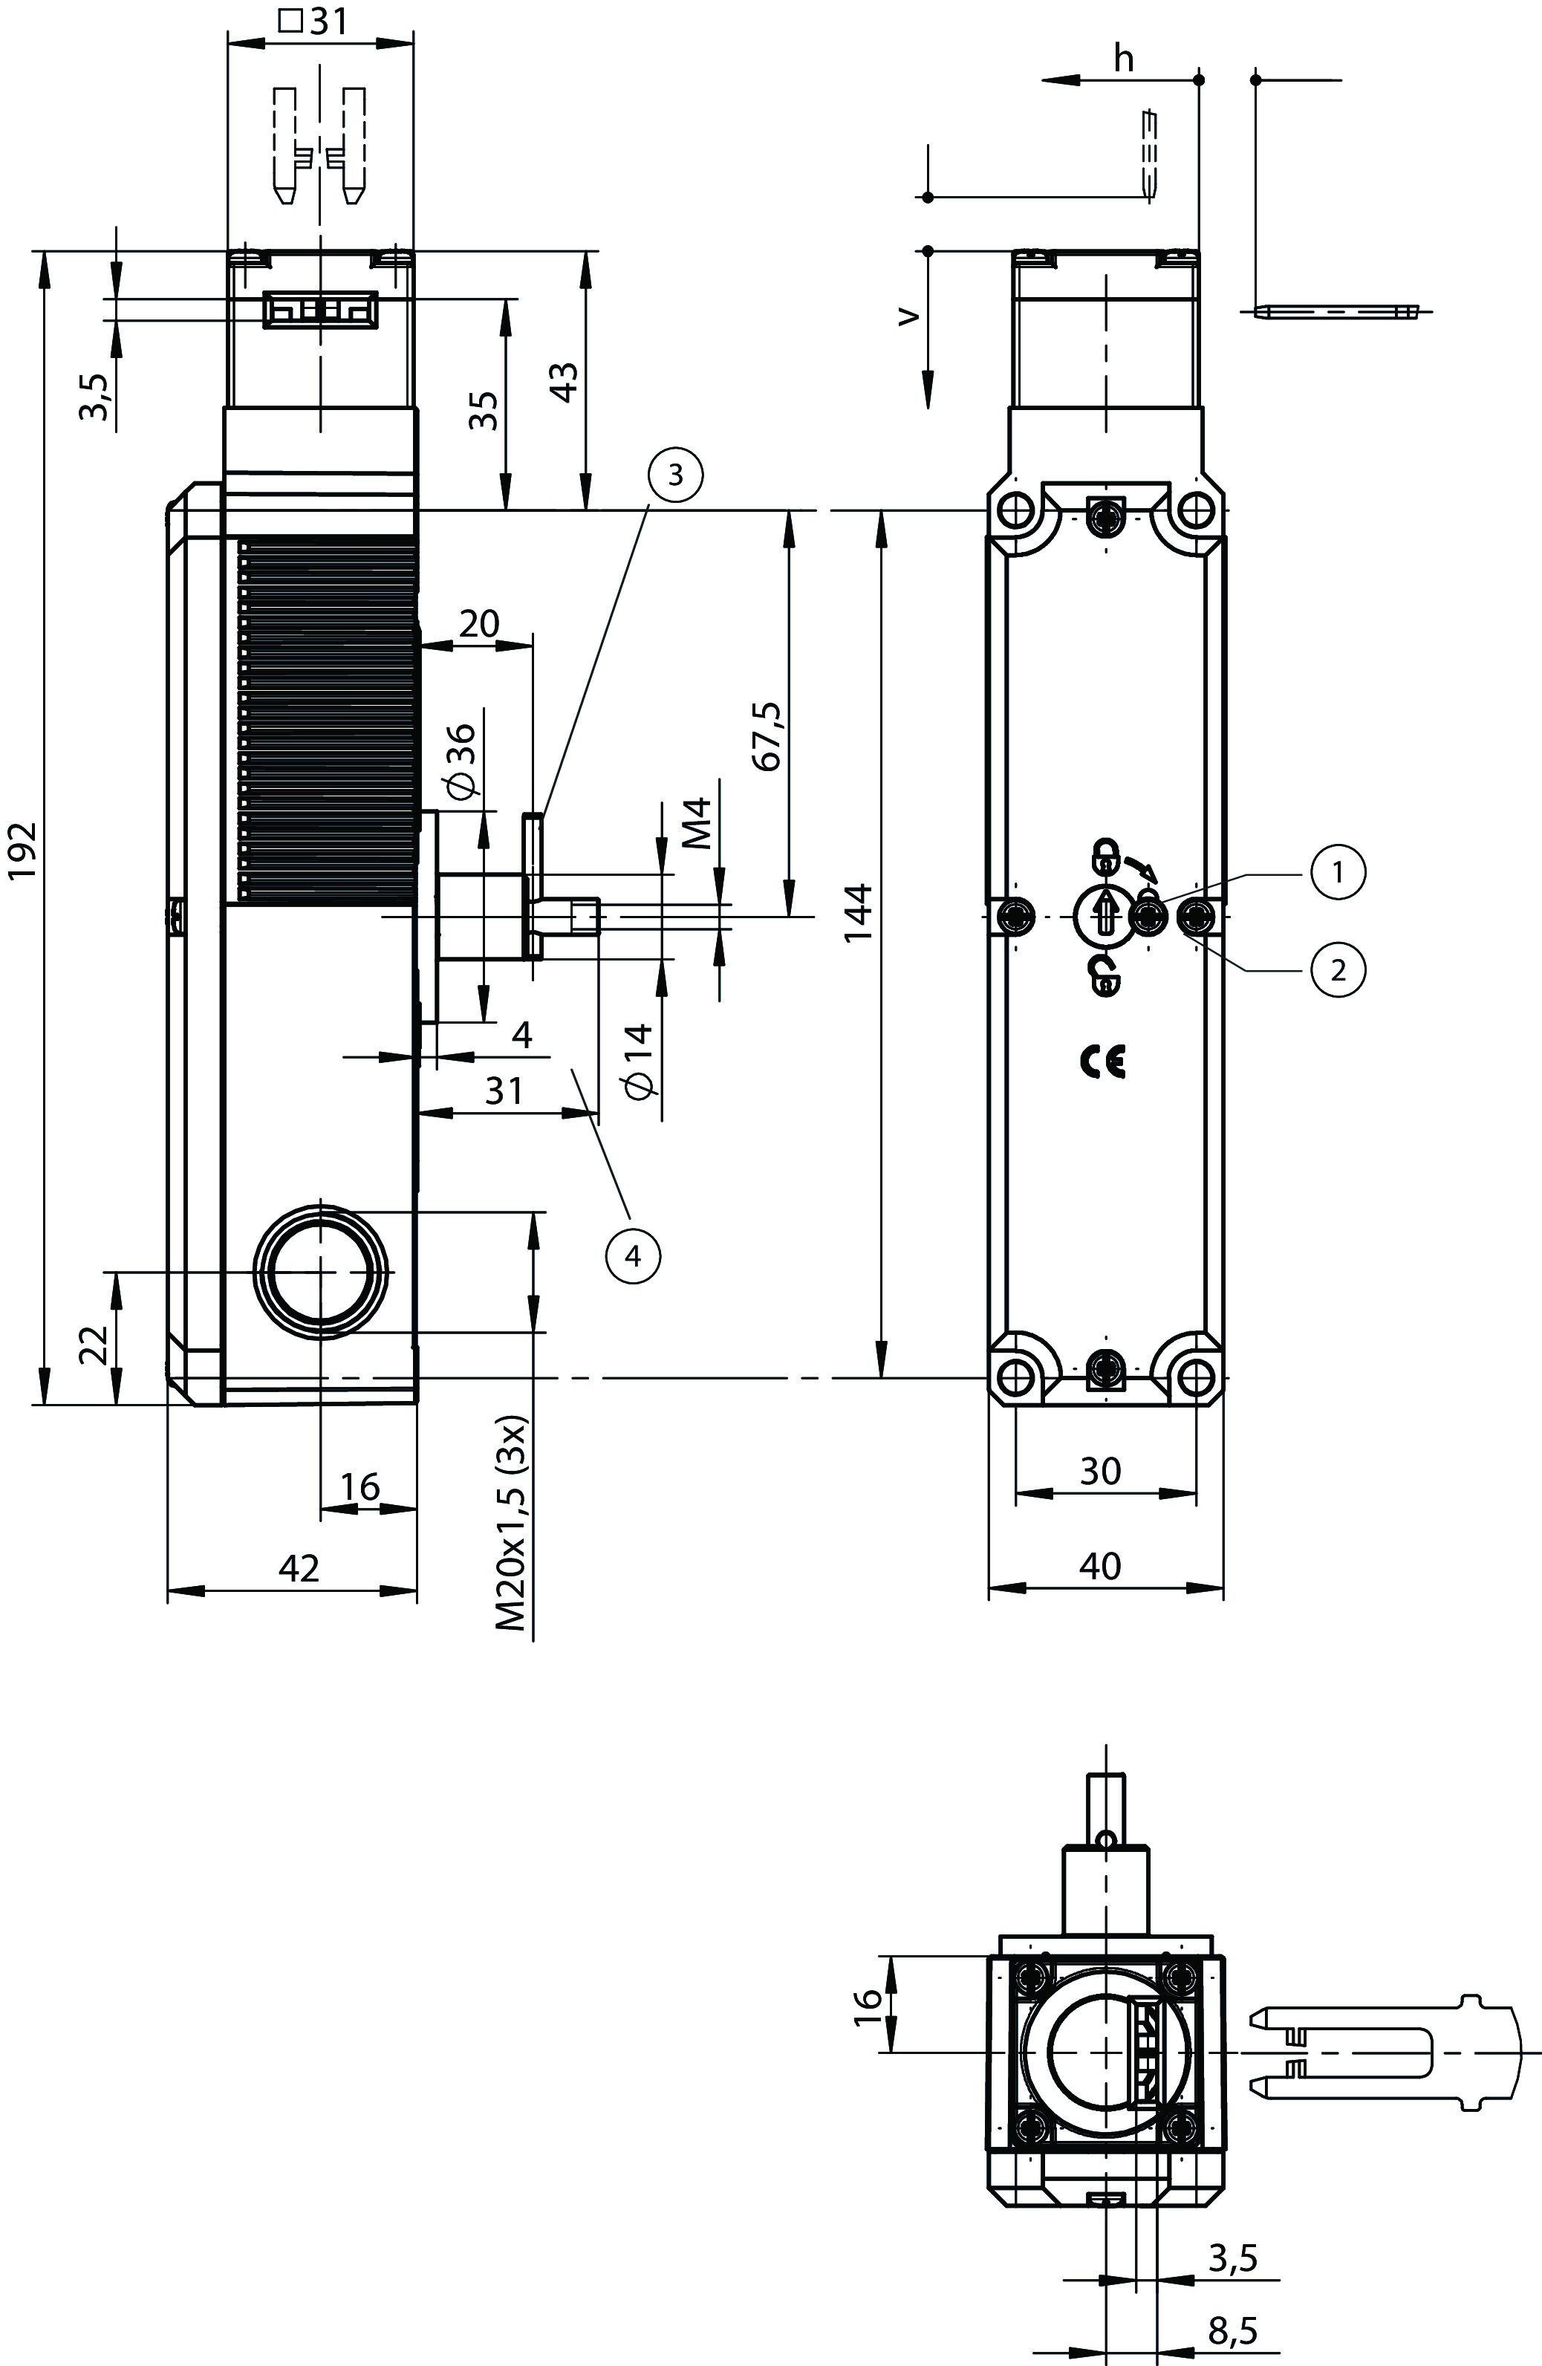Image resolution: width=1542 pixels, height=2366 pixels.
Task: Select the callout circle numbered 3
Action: coord(675,475)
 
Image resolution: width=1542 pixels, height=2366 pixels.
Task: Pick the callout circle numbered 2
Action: coord(1337,967)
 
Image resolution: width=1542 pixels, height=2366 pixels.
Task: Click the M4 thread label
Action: coord(699,822)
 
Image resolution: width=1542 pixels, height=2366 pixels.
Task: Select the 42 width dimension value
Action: coord(299,1567)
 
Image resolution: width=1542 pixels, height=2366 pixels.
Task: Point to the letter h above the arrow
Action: coord(1123,59)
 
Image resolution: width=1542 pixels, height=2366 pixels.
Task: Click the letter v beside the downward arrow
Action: coord(908,316)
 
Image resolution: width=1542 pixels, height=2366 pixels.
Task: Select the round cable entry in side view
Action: coord(320,1273)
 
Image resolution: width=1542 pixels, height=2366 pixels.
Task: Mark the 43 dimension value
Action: coord(565,383)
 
